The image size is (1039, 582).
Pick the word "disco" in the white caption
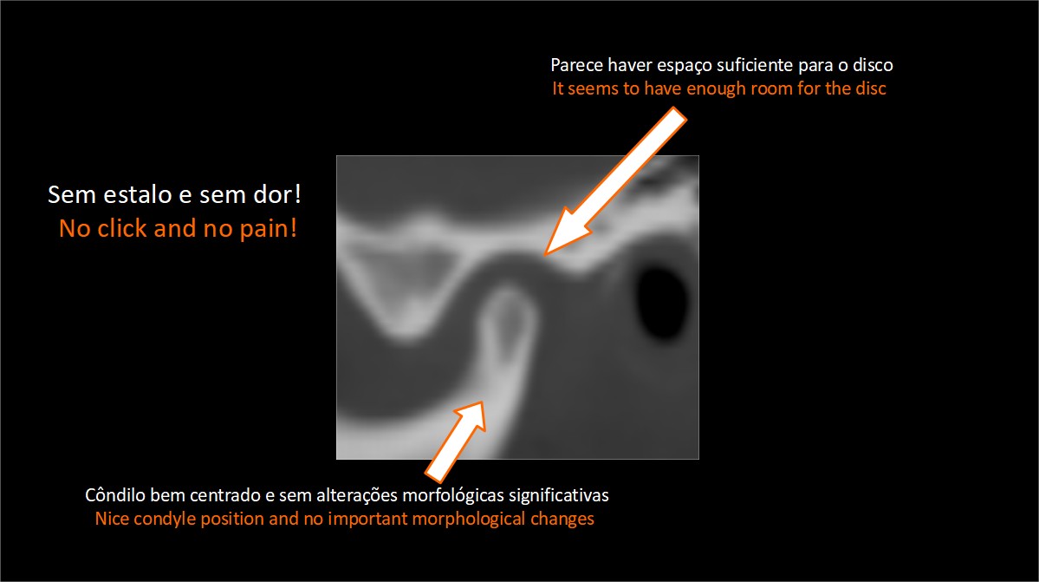(873, 65)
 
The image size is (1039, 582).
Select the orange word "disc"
(870, 88)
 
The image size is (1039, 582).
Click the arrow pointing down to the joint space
(615, 181)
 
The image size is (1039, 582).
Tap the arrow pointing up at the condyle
(456, 441)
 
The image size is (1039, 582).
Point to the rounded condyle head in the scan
(508, 311)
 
